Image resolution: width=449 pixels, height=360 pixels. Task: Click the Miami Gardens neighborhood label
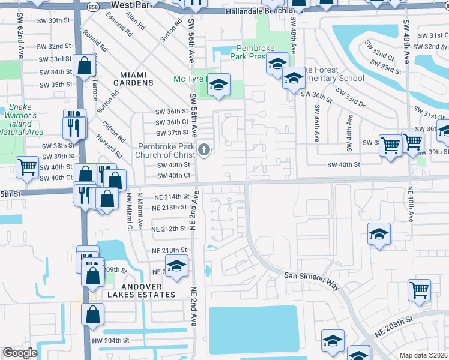(x=133, y=78)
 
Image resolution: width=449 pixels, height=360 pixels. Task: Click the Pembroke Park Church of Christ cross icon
(x=204, y=149)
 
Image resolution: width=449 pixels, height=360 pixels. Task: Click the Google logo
(x=20, y=353)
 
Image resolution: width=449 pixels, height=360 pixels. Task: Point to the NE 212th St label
(x=169, y=229)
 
